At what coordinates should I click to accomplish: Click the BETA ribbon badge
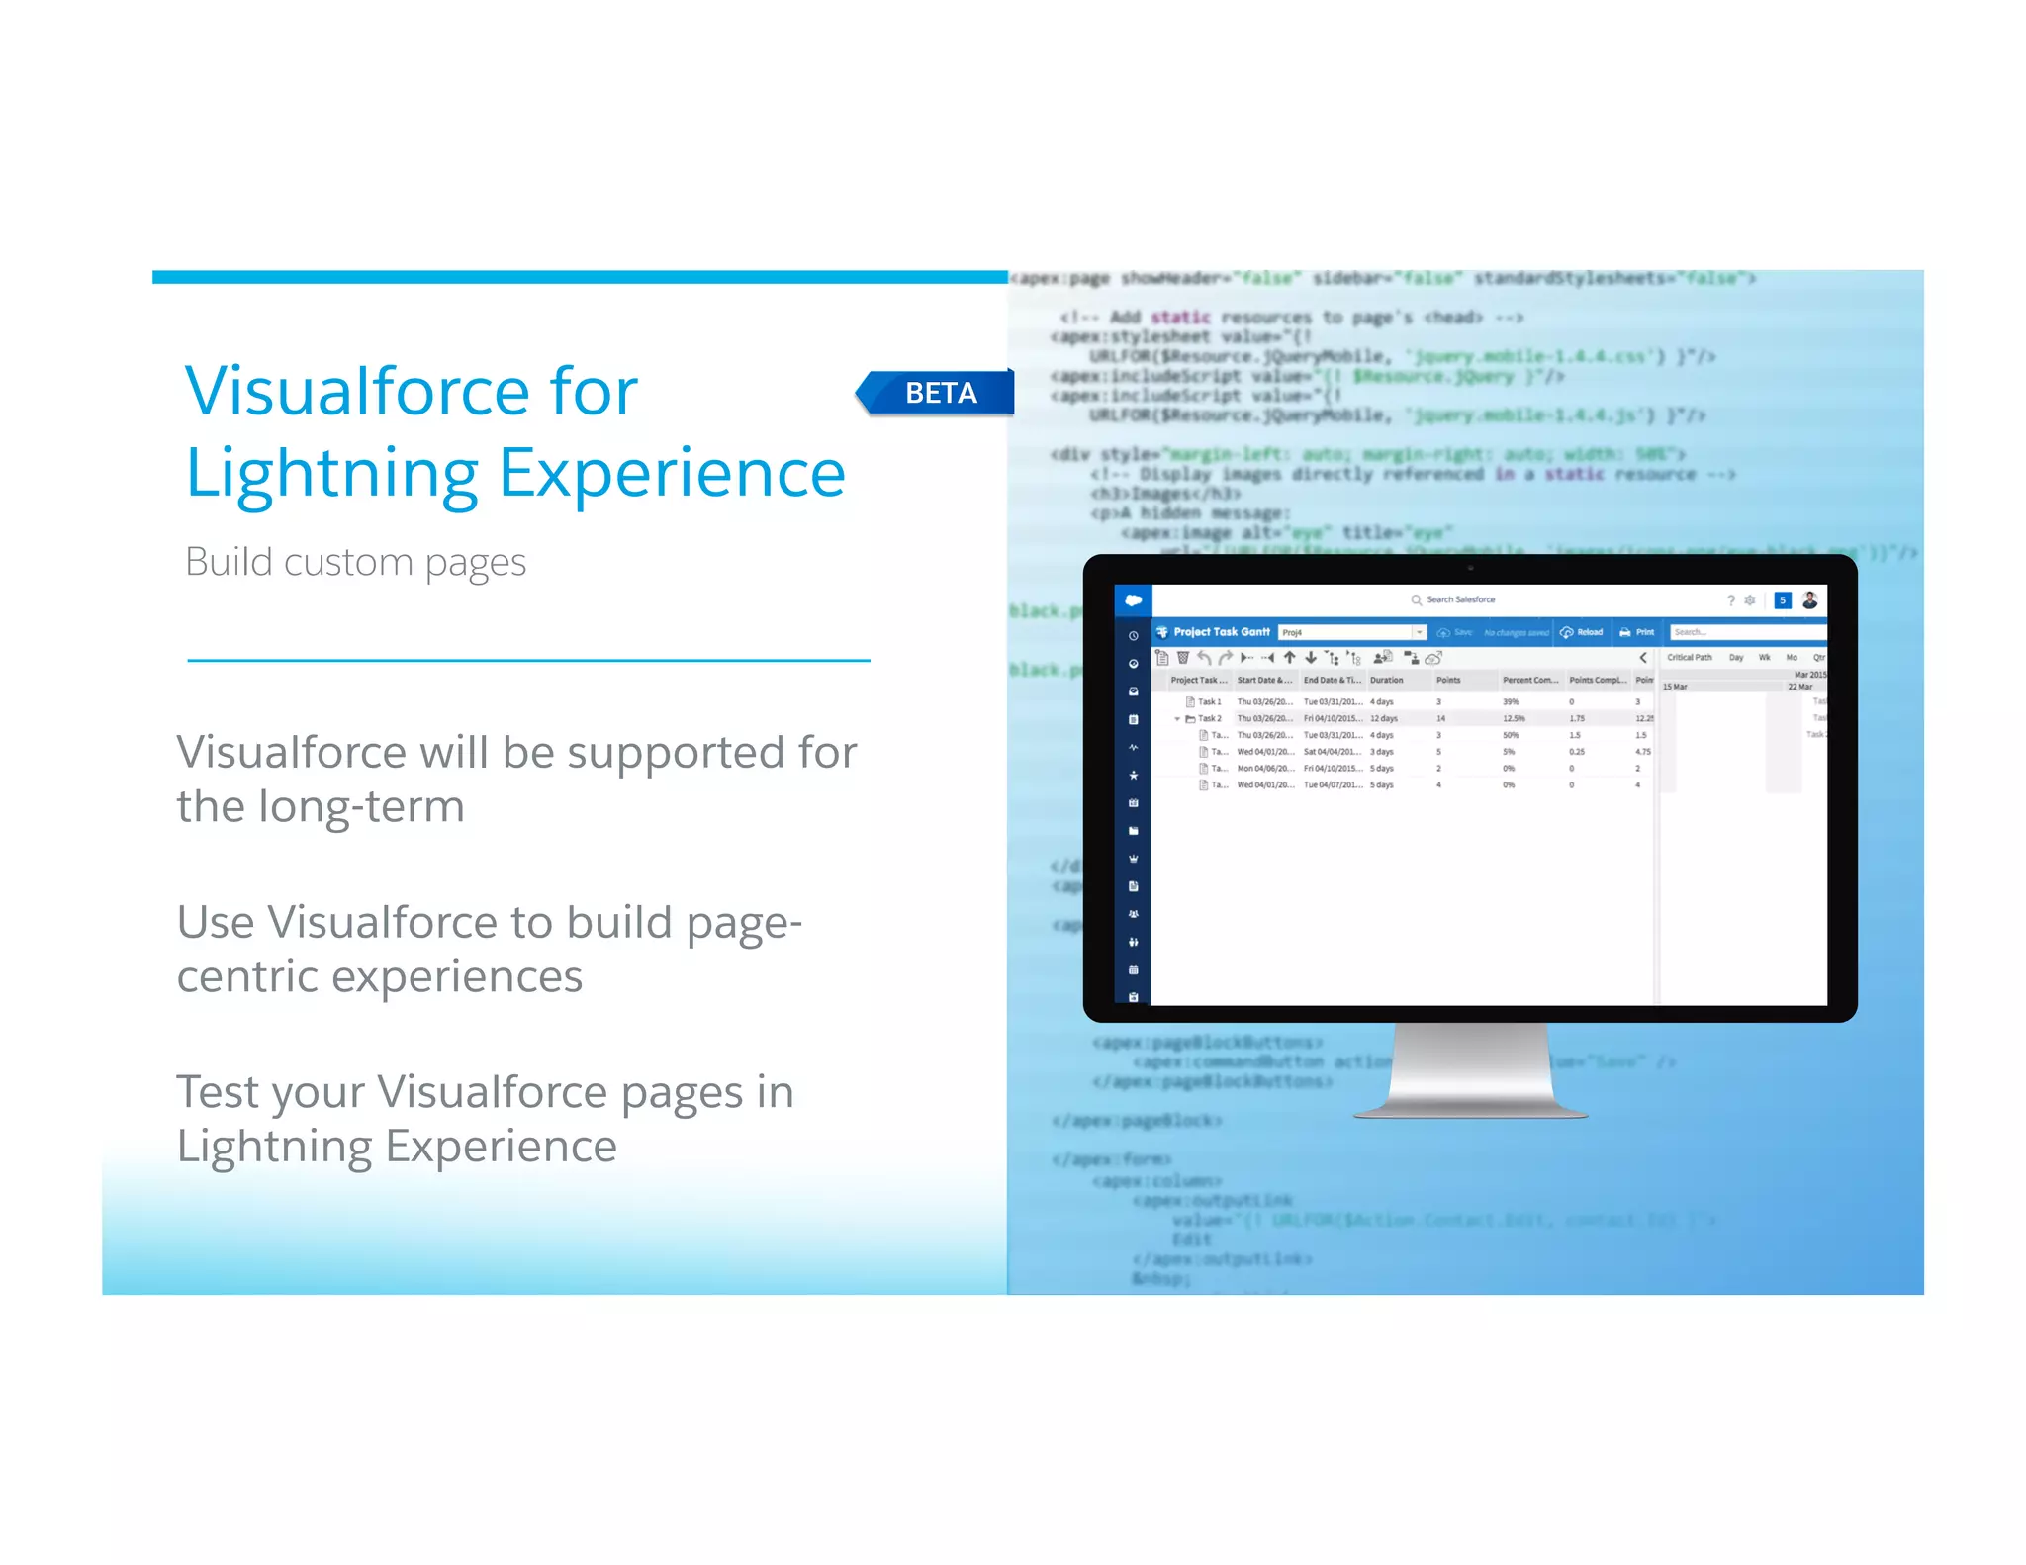click(939, 393)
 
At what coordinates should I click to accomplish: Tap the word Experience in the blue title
click(672, 473)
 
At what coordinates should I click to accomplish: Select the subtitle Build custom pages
click(355, 562)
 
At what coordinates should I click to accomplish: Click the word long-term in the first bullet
click(361, 806)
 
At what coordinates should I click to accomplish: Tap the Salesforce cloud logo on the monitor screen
click(1134, 599)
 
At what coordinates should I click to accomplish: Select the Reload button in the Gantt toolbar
click(1582, 632)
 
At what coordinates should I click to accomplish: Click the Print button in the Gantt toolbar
click(1637, 632)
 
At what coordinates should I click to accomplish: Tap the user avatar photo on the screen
click(1810, 599)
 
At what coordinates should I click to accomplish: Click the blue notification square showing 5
click(1783, 599)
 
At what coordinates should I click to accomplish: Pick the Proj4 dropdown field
click(1351, 632)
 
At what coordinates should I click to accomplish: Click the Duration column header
click(1387, 680)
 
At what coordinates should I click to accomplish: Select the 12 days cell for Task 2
click(1384, 719)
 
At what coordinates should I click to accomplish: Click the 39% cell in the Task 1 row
click(1511, 702)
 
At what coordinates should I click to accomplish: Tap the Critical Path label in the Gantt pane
click(1689, 657)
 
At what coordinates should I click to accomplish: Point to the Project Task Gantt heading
click(1222, 632)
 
